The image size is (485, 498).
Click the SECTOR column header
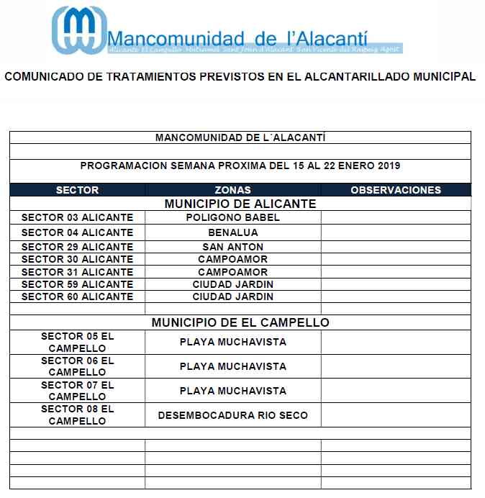(x=77, y=191)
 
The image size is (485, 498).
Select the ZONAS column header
(x=232, y=191)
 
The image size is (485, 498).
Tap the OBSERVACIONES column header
(x=395, y=191)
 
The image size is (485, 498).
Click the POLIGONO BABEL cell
(x=232, y=217)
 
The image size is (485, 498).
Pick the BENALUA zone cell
(x=232, y=232)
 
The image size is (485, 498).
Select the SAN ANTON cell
(x=232, y=247)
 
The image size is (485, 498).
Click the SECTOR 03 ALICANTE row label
(x=77, y=217)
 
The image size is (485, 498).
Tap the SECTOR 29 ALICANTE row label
(x=77, y=247)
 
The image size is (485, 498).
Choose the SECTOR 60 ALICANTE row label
(x=77, y=296)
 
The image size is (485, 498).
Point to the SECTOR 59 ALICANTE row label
(x=77, y=284)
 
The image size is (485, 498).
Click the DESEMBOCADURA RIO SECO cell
(x=232, y=415)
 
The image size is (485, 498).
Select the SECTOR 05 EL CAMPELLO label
(x=77, y=342)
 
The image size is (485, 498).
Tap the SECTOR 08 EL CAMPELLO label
(x=77, y=415)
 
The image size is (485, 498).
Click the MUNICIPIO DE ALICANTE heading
(x=240, y=204)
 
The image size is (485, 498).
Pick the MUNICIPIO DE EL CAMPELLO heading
(x=240, y=322)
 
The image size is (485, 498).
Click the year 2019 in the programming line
(x=387, y=166)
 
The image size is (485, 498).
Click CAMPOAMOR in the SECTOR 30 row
(x=232, y=259)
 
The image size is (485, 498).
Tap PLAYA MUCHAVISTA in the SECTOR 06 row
(x=232, y=366)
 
